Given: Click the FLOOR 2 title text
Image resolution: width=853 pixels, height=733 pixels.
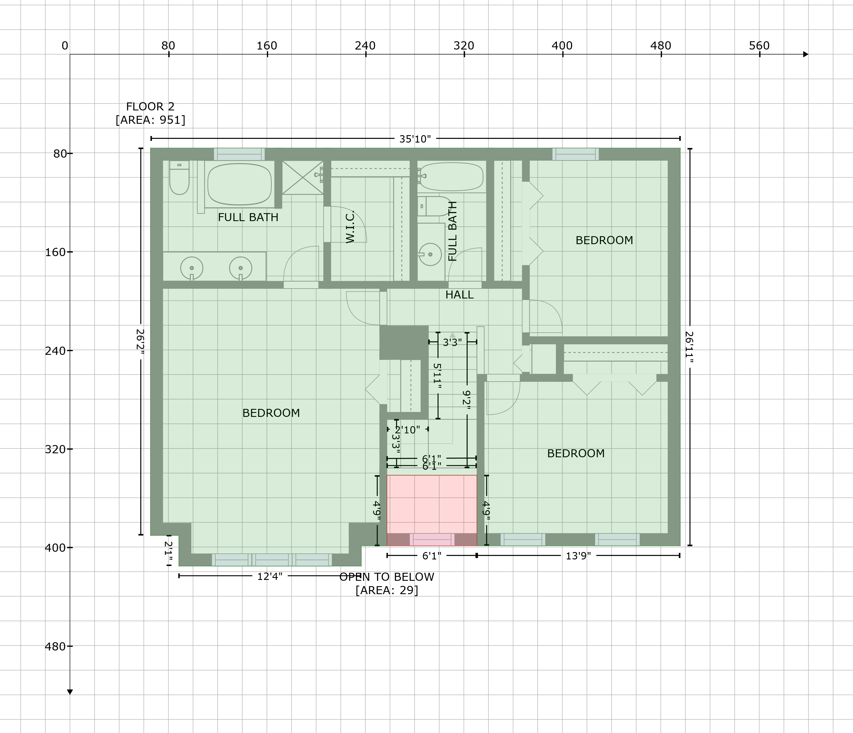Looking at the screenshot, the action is coord(150,107).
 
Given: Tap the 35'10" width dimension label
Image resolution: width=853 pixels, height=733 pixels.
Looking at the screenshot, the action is coord(415,139).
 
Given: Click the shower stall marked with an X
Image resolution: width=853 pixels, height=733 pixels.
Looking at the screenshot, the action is coord(303,178).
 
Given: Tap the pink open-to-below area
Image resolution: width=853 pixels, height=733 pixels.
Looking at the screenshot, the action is coord(432,510).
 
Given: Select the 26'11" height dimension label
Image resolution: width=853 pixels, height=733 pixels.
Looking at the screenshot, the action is coord(690,347).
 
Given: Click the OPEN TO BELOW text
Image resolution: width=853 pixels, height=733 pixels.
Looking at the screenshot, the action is coord(387,577).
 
